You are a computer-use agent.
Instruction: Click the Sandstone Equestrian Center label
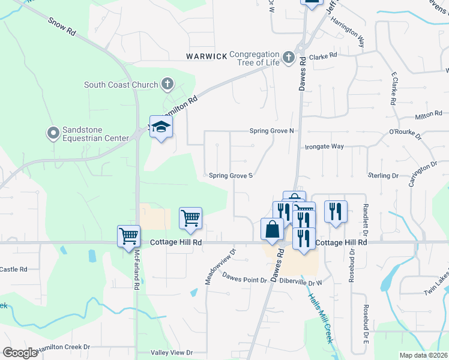pyautogui.click(x=96, y=134)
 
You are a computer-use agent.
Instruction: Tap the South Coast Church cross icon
pyautogui.click(x=167, y=85)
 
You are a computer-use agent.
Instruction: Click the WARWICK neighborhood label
pyautogui.click(x=206, y=56)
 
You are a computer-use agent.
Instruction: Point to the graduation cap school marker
pyautogui.click(x=161, y=127)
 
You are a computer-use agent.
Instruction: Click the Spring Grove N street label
pyautogui.click(x=273, y=131)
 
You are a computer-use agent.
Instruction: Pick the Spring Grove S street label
pyautogui.click(x=231, y=176)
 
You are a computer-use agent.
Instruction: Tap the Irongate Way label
pyautogui.click(x=324, y=146)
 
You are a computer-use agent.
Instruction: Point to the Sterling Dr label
pyautogui.click(x=384, y=176)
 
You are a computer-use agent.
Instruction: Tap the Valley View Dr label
pyautogui.click(x=172, y=353)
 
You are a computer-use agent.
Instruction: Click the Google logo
pyautogui.click(x=20, y=353)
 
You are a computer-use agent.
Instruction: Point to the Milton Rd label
pyautogui.click(x=429, y=113)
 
